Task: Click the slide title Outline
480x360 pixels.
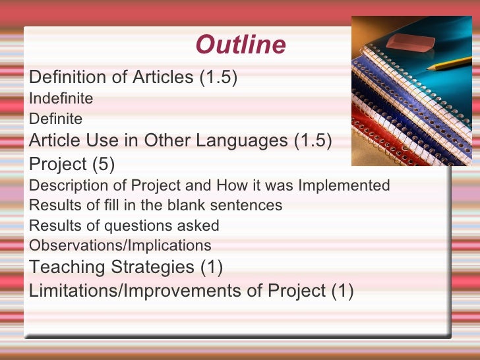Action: point(241,45)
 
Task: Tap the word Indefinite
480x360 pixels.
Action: point(61,99)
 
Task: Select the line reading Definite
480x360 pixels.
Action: point(56,119)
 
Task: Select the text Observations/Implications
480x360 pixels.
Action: point(121,246)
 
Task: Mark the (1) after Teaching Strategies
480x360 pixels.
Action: point(211,268)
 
